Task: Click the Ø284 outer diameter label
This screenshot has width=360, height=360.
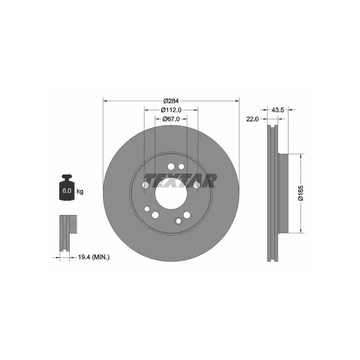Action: pyautogui.click(x=171, y=101)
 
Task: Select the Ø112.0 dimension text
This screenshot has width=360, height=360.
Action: pyautogui.click(x=171, y=110)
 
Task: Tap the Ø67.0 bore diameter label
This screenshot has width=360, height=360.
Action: pyautogui.click(x=171, y=119)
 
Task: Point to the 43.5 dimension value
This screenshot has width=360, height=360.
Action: pyautogui.click(x=278, y=110)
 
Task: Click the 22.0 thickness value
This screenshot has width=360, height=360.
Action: pyautogui.click(x=252, y=119)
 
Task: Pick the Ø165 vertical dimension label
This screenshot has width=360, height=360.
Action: pyautogui.click(x=301, y=193)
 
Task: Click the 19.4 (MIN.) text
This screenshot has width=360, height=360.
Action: pyautogui.click(x=94, y=257)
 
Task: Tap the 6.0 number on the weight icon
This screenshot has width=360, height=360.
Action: pyautogui.click(x=67, y=190)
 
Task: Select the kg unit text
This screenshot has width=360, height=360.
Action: pyautogui.click(x=80, y=191)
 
